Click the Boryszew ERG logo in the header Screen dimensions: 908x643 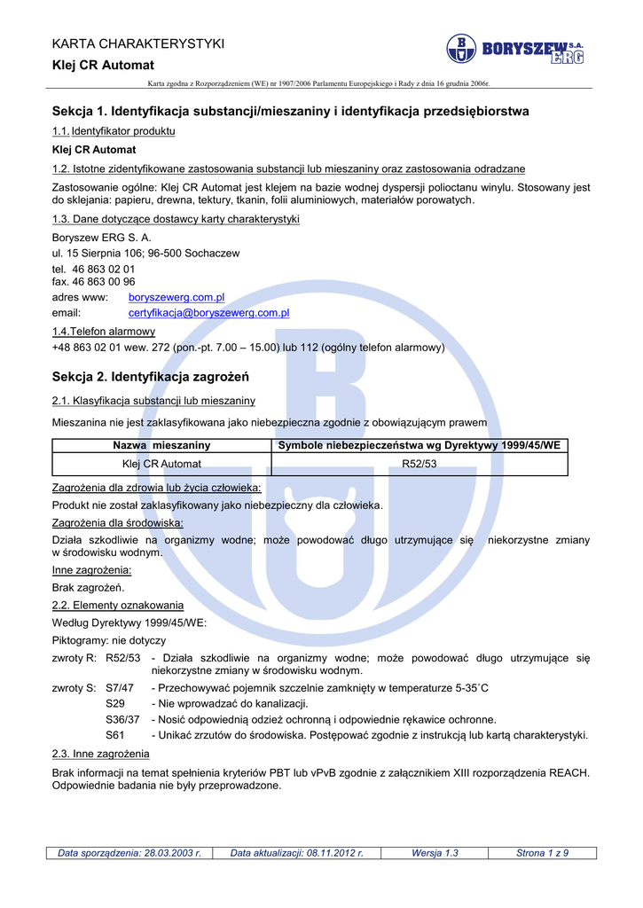coord(514,49)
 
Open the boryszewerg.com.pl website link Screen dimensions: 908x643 coord(176,298)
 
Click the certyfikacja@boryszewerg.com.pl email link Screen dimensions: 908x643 coord(209,313)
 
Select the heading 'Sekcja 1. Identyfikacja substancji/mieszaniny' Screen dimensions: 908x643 coord(291,112)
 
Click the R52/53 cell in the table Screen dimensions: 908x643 coord(420,464)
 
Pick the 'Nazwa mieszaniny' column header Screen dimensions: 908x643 coord(161,445)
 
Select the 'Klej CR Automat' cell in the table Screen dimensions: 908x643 coord(161,464)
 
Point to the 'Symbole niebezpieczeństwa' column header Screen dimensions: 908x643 coord(420,445)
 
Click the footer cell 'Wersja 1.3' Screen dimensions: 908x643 coord(435,853)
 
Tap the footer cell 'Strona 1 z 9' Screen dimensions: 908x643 coord(542,853)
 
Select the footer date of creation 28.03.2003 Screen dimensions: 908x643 coord(129,853)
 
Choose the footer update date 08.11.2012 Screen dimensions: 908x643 coord(297,853)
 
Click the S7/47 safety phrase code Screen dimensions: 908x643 coord(120,687)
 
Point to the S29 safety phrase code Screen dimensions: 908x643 coord(115,703)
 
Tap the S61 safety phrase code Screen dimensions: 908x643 coord(115,735)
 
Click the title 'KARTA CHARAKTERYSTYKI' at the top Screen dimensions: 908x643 coord(138,43)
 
